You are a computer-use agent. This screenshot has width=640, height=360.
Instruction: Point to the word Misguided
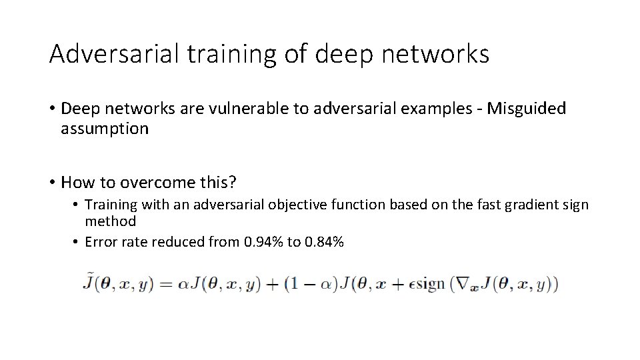[x=527, y=109]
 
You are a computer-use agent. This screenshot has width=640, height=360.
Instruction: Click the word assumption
[x=105, y=129]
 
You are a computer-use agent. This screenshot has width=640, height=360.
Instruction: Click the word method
[x=110, y=221]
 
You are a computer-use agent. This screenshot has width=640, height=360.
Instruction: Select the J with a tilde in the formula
[x=87, y=283]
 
